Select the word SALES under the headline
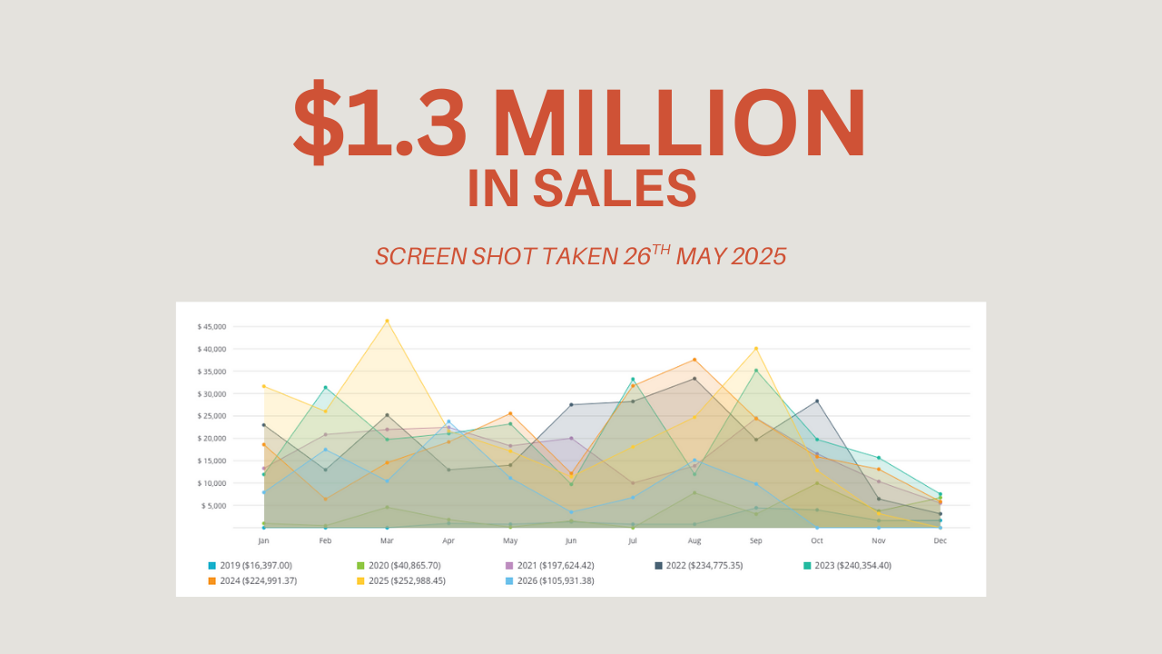tap(615, 187)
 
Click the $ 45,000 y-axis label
tap(212, 327)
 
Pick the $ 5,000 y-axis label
tap(214, 505)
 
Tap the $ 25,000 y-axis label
tap(212, 416)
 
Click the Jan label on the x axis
tap(263, 540)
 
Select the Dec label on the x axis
tap(940, 540)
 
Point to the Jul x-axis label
tap(633, 540)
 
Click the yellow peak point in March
tap(387, 321)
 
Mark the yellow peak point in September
tap(756, 349)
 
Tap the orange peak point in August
tap(694, 360)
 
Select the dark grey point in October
tap(817, 401)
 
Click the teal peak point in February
tap(325, 388)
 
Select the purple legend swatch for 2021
tap(509, 565)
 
